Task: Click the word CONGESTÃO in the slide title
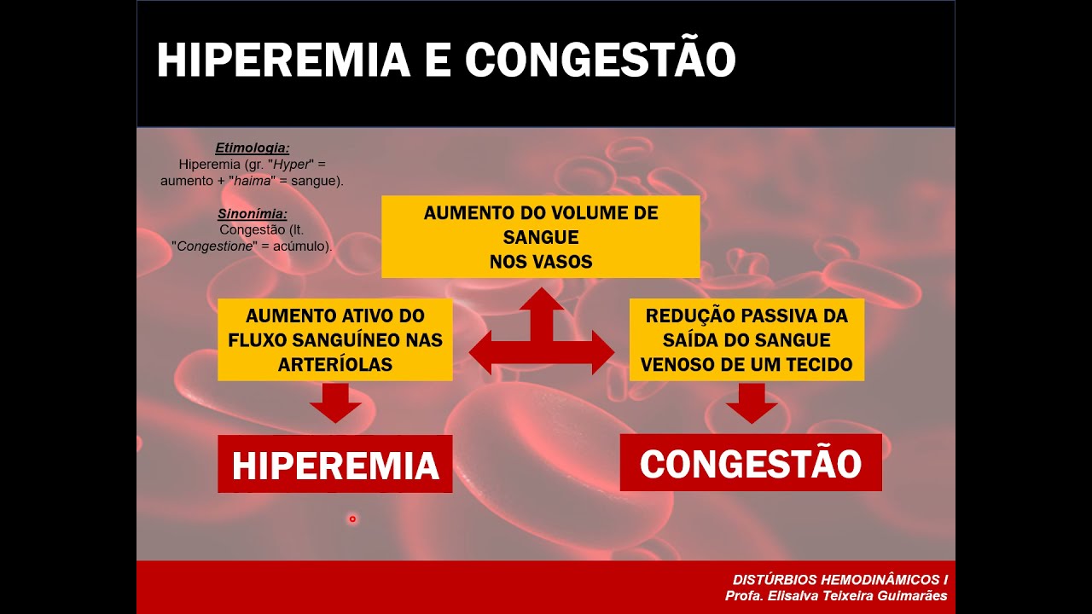(x=601, y=61)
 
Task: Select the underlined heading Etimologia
(x=252, y=148)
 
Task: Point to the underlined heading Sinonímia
(x=252, y=213)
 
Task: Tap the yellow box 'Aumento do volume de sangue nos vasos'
(x=540, y=237)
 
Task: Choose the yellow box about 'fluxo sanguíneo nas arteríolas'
(x=335, y=339)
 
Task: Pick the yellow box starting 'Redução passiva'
(x=746, y=339)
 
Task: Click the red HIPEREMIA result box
(x=335, y=465)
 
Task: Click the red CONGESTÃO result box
(x=751, y=463)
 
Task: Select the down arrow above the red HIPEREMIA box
(x=335, y=403)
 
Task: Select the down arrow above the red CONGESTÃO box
(x=752, y=403)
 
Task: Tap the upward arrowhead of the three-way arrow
(x=542, y=301)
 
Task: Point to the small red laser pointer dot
(x=352, y=518)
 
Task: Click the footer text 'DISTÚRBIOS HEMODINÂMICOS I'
(x=839, y=579)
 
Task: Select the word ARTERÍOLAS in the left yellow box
(x=335, y=364)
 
